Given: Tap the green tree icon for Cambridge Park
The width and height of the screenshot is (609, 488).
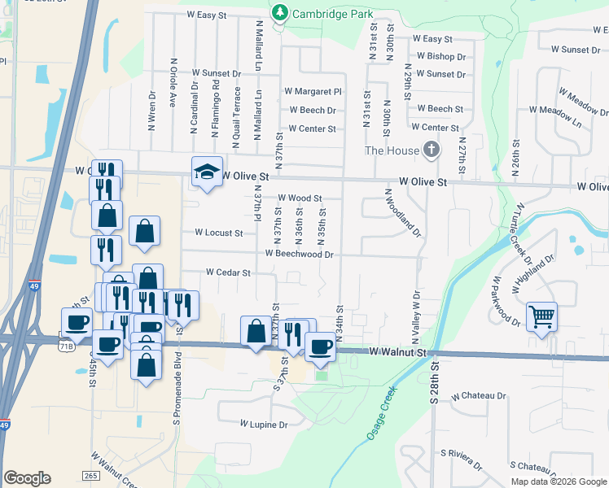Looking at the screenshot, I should pos(281,11).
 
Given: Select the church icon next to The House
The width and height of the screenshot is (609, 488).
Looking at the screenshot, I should pos(431,150).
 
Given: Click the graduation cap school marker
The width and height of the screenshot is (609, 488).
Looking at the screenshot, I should pos(207,172).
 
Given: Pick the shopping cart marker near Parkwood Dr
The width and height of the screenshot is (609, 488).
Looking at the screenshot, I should pos(541,316).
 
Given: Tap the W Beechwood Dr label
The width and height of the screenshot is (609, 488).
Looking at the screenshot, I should pos(299,254).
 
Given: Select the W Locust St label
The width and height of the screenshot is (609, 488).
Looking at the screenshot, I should pos(219,233).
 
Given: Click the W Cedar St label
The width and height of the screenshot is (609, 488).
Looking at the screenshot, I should pos(228,272).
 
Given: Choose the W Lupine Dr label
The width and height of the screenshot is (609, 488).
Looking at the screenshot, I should pos(264,425).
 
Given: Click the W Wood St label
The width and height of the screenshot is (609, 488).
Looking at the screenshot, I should pos(300,198).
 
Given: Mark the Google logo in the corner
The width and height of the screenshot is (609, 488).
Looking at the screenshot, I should pos(27,478).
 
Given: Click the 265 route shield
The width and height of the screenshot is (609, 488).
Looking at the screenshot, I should pos(91,475).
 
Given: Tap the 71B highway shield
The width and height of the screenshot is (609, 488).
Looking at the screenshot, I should pos(66,346).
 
